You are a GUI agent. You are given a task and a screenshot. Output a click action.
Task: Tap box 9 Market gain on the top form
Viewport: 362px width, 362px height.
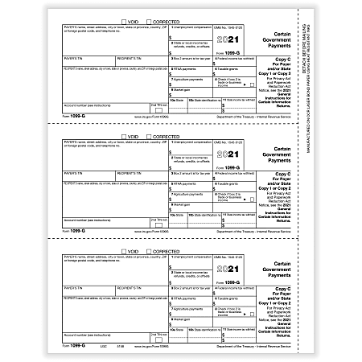click(191, 93)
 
